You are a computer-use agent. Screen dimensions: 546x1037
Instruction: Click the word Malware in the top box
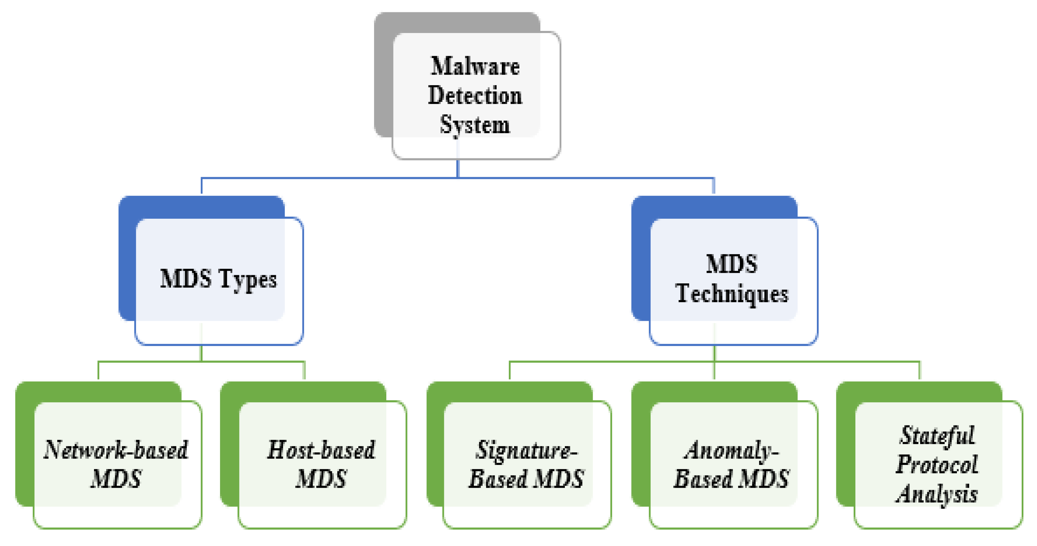point(475,66)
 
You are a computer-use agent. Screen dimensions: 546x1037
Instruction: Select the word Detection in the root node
point(475,96)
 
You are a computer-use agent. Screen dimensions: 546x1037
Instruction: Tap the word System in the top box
point(475,125)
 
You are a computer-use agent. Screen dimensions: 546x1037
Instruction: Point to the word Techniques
point(732,294)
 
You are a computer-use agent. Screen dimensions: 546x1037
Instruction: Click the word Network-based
point(116,450)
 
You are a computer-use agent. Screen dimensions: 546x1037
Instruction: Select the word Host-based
point(321,450)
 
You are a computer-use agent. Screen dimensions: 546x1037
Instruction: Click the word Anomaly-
point(731,450)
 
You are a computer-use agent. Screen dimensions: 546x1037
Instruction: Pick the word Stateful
point(937,435)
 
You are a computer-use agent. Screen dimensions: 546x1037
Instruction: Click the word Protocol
point(937,465)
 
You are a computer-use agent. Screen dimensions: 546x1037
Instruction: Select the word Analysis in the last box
point(937,494)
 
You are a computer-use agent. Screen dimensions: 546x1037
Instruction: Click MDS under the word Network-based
point(116,479)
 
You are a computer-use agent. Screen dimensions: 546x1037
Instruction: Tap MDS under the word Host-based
point(321,479)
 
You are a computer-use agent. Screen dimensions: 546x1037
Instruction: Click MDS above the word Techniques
point(732,264)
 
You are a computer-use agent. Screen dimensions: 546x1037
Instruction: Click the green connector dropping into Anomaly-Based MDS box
point(714,371)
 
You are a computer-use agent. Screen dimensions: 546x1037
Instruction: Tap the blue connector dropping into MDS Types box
point(202,186)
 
